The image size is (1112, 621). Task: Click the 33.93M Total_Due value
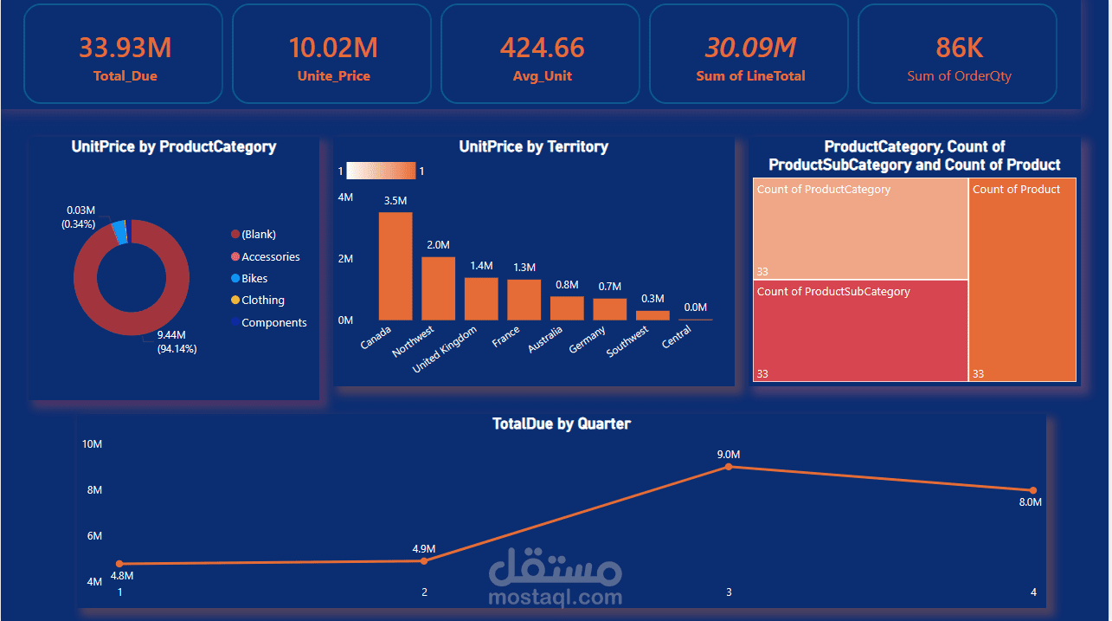pos(125,48)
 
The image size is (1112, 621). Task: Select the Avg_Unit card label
pos(542,76)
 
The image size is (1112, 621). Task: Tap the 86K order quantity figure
pos(959,48)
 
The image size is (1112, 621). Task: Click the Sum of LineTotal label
pos(750,76)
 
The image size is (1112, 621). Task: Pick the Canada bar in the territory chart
pos(395,266)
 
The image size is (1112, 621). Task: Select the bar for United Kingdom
pos(481,299)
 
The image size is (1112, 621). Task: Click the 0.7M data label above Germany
pos(609,287)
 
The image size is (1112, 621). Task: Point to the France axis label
pos(506,338)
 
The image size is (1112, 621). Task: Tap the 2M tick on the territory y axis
pos(345,259)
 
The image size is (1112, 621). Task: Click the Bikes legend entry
pos(254,279)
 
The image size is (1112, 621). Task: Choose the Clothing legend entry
pos(262,301)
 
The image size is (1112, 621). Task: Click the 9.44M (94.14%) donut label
pos(177,342)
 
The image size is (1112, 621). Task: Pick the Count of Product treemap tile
pos(1022,280)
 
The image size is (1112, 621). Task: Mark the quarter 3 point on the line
pos(729,467)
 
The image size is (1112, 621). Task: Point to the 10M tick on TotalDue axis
pos(93,444)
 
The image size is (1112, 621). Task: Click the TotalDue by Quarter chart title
pos(561,424)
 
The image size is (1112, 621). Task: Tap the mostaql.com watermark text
pos(555,597)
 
